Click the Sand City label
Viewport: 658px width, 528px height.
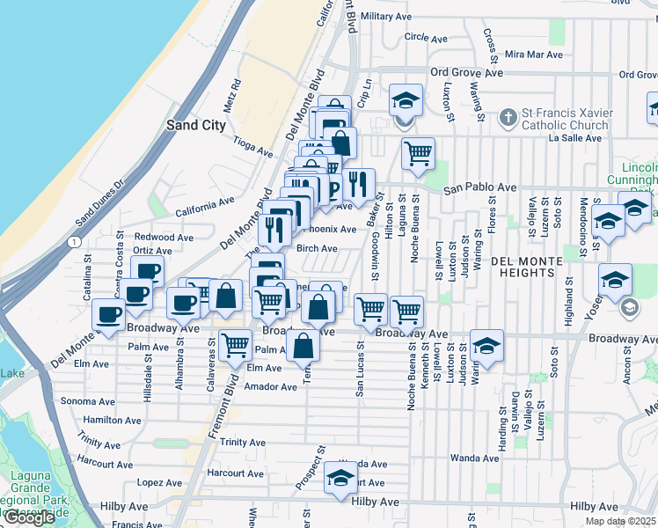coord(196,126)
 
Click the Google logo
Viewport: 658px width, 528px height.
coord(29,518)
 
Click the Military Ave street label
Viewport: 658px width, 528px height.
coord(393,16)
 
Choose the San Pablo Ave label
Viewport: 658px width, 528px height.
coord(479,187)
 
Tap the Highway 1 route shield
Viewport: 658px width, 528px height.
coord(76,241)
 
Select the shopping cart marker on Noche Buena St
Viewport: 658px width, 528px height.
coord(406,311)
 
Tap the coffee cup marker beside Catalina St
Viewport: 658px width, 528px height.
coord(110,314)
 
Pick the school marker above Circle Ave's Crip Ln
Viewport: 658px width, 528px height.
coord(406,99)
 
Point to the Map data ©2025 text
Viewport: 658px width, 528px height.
coord(621,521)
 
